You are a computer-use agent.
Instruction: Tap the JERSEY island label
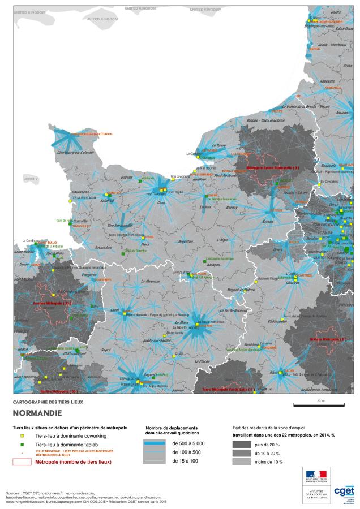tap(29, 178)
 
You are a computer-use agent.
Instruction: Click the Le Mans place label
tap(181, 322)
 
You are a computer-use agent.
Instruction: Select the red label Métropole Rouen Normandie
tap(273, 168)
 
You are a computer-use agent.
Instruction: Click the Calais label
tap(336, 12)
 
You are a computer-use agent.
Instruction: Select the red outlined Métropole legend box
tap(22, 462)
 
